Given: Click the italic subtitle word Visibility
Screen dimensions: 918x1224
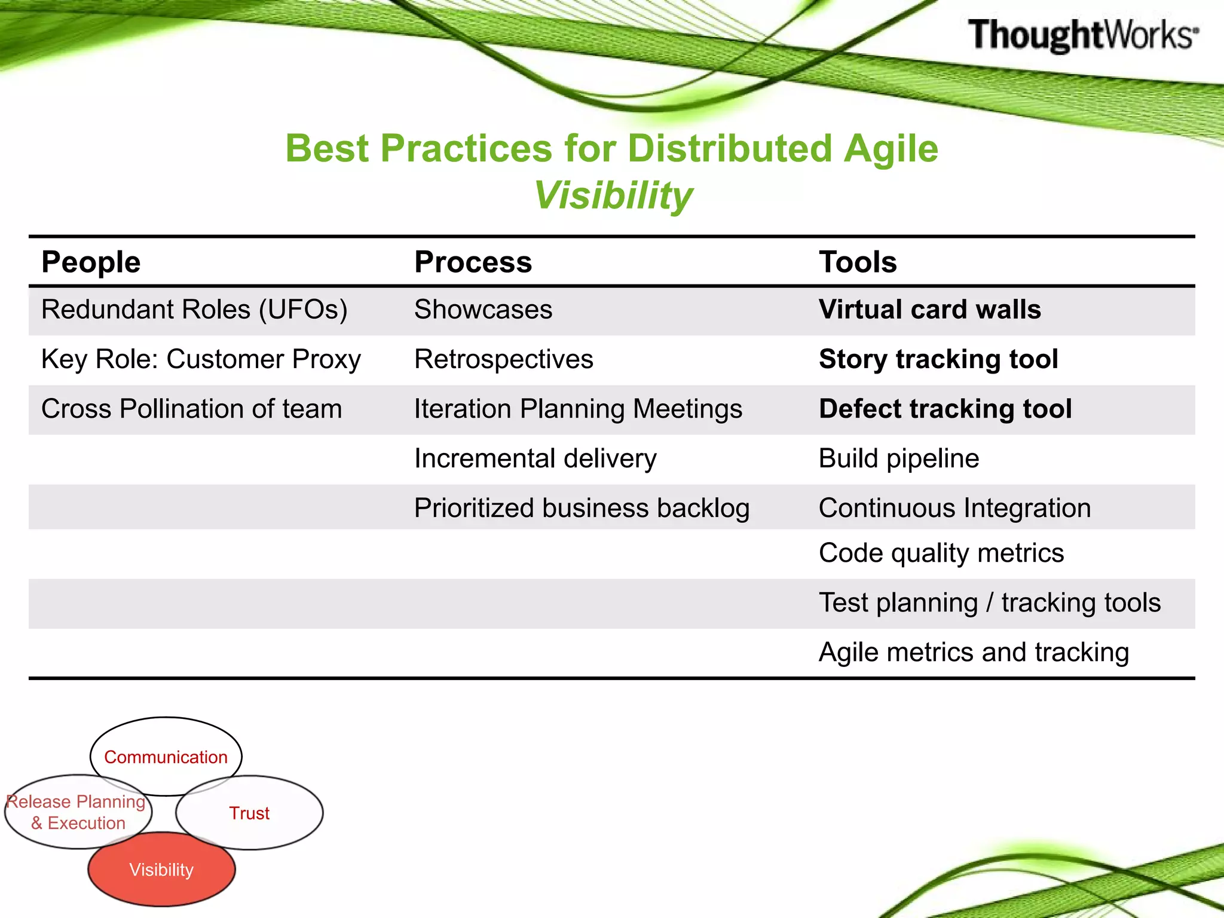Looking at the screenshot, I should pyautogui.click(x=613, y=195).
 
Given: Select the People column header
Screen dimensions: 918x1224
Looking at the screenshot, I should pyautogui.click(x=91, y=262).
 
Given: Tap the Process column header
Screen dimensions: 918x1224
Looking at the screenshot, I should pyautogui.click(x=473, y=262).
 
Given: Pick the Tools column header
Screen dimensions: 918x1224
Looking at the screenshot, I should pyautogui.click(x=858, y=262).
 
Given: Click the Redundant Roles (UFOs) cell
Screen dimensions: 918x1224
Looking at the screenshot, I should pyautogui.click(x=194, y=310).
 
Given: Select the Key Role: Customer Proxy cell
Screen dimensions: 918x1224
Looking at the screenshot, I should pyautogui.click(x=201, y=359).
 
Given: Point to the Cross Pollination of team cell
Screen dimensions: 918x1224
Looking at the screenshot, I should pyautogui.click(x=191, y=409).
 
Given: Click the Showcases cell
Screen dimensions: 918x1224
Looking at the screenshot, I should pyautogui.click(x=483, y=310).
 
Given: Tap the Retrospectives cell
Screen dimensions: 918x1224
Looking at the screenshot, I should pyautogui.click(x=503, y=359).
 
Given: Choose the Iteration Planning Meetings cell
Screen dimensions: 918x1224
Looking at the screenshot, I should pyautogui.click(x=578, y=409).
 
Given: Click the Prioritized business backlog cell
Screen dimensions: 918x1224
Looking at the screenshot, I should pyautogui.click(x=582, y=508).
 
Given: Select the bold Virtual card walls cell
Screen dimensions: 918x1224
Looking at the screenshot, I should pyautogui.click(x=929, y=310).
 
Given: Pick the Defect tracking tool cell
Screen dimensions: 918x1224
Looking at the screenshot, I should pyautogui.click(x=945, y=409).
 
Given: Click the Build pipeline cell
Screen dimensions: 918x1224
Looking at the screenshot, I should pyautogui.click(x=898, y=458).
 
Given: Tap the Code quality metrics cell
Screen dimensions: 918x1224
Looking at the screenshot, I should pyautogui.click(x=941, y=553).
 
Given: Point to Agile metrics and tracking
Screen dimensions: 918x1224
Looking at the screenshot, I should pyautogui.click(x=974, y=652).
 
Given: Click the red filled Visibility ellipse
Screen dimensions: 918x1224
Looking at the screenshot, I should pyautogui.click(x=161, y=870).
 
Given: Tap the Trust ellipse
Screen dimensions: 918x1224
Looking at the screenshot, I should pyautogui.click(x=249, y=813).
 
